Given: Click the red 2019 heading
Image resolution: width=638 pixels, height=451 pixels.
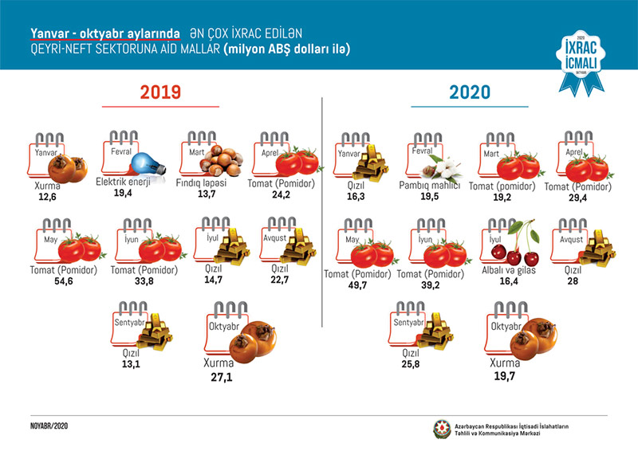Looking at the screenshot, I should click(x=160, y=92).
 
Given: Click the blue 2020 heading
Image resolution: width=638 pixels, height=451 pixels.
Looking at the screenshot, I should click(x=470, y=92).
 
